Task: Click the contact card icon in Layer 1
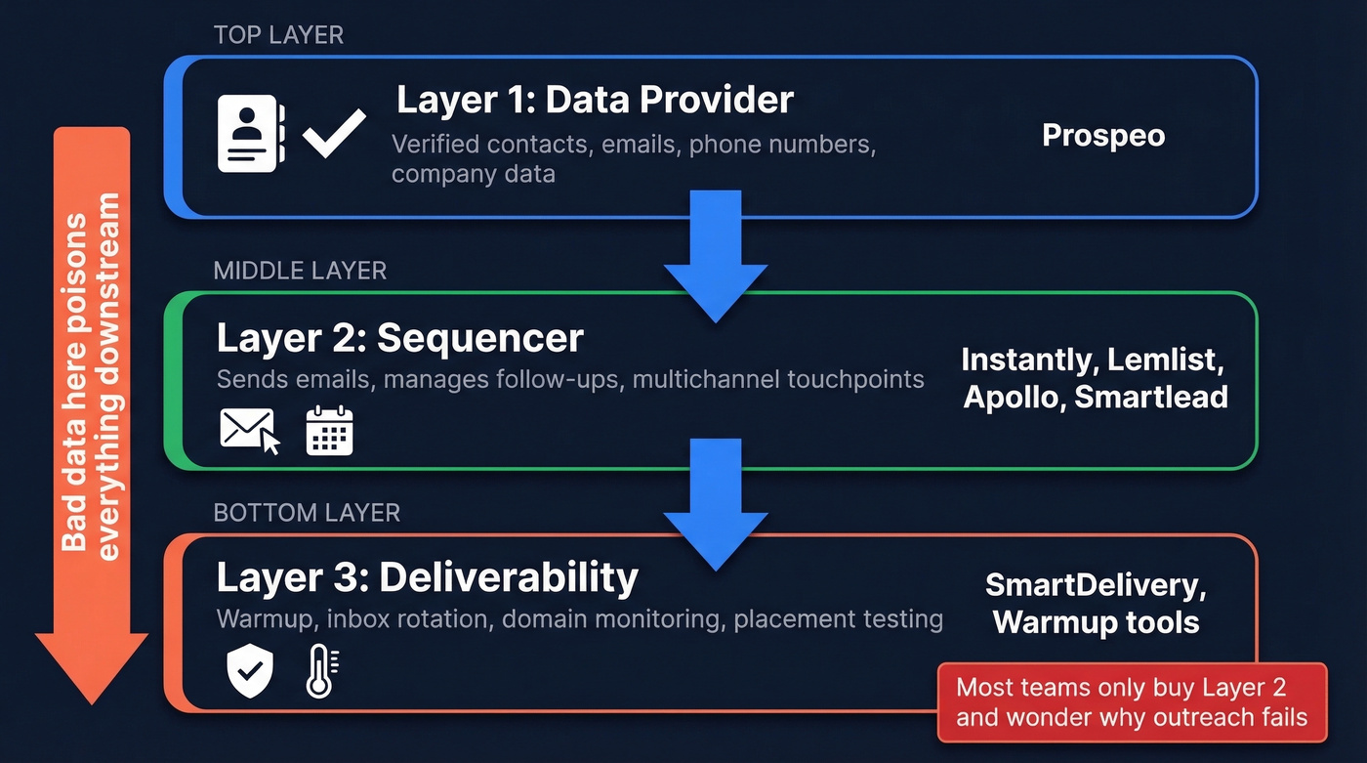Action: click(x=250, y=134)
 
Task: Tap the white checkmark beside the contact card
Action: click(x=334, y=134)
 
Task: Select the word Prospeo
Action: click(x=1103, y=135)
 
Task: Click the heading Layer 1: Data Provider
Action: click(x=595, y=100)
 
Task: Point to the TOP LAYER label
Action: click(x=278, y=36)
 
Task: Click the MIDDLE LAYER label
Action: click(x=300, y=271)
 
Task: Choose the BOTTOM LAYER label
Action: click(x=307, y=513)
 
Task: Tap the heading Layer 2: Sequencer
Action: click(x=399, y=338)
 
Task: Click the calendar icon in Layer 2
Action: click(x=329, y=431)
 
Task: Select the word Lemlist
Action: click(x=1166, y=360)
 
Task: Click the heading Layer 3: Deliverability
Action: click(x=427, y=577)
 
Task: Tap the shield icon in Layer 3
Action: click(x=250, y=669)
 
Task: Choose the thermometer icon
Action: click(x=320, y=671)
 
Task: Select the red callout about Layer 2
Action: click(x=1132, y=702)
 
